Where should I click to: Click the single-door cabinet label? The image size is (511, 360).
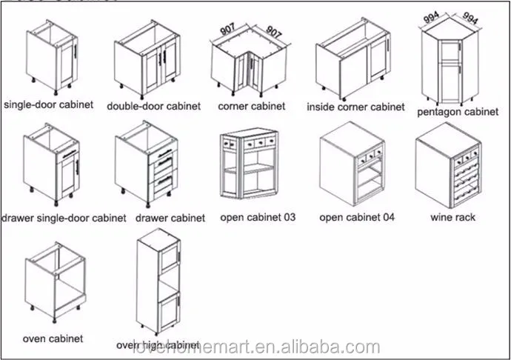50,104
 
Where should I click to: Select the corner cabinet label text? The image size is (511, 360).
252,106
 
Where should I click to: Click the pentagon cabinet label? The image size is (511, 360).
457,112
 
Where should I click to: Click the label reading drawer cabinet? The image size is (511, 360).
170,218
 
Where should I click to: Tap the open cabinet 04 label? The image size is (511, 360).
357,217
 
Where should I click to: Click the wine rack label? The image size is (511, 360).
452,217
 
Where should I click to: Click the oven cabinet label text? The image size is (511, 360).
53,339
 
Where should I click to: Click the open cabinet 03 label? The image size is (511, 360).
258,218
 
